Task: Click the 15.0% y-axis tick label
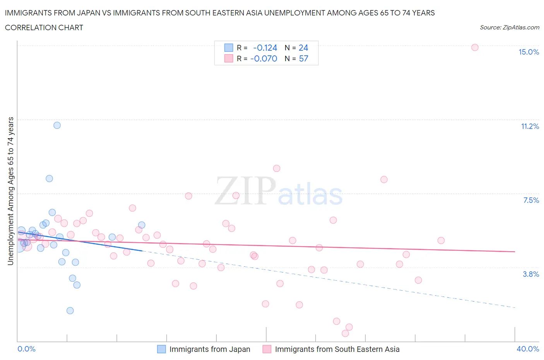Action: tap(529, 52)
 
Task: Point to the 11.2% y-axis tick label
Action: tap(530, 126)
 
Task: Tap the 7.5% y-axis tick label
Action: tap(531, 200)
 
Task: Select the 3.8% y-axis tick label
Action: tap(531, 274)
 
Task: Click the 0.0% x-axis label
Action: tap(27, 349)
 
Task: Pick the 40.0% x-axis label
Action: tap(528, 349)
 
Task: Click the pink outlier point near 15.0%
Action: tap(475, 47)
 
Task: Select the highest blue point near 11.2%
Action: tap(57, 125)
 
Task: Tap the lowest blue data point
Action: tap(70, 310)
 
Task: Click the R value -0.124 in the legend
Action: tap(265, 48)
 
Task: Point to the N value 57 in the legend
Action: tap(303, 58)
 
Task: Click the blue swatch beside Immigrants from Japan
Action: tap(161, 349)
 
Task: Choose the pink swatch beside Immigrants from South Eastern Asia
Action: tap(267, 349)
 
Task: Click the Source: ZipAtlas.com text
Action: tap(509, 27)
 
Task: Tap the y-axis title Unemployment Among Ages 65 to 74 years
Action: tap(10, 191)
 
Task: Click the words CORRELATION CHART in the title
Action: tap(44, 27)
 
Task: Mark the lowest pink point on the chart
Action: tap(346, 333)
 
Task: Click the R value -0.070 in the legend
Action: tap(264, 58)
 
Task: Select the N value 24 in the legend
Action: tap(303, 48)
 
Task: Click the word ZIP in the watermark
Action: tap(245, 190)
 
